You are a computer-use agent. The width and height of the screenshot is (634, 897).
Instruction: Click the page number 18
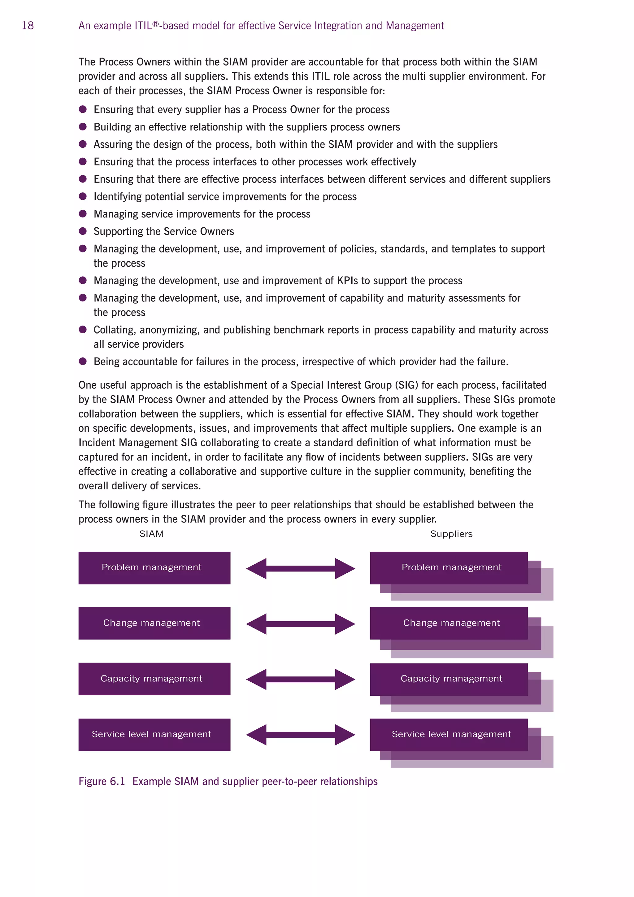[x=28, y=26]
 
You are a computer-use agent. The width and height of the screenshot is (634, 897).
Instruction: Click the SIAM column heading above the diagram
[x=151, y=534]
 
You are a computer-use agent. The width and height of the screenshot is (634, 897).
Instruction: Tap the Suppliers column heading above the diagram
[x=451, y=534]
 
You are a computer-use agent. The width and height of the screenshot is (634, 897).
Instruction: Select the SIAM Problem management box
[x=154, y=568]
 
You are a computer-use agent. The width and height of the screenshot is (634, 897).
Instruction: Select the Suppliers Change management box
[x=449, y=623]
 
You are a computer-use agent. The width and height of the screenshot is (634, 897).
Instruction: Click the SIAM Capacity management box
[x=154, y=679]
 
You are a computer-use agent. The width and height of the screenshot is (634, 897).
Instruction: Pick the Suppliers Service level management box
[x=449, y=734]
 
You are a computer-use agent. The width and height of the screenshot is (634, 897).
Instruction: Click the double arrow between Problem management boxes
[x=301, y=568]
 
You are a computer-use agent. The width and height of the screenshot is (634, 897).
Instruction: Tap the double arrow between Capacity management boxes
[x=301, y=679]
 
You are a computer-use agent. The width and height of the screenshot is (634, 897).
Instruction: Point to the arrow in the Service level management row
[x=301, y=735]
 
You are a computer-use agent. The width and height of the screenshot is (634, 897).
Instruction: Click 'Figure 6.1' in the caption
[x=102, y=781]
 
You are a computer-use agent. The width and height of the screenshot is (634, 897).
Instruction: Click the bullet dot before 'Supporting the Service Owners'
[x=83, y=231]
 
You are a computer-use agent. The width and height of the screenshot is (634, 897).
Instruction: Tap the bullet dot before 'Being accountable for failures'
[x=83, y=361]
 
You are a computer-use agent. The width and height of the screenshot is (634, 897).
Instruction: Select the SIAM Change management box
[x=154, y=623]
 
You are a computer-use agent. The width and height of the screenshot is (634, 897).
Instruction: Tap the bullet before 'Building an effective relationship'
[x=83, y=127]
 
